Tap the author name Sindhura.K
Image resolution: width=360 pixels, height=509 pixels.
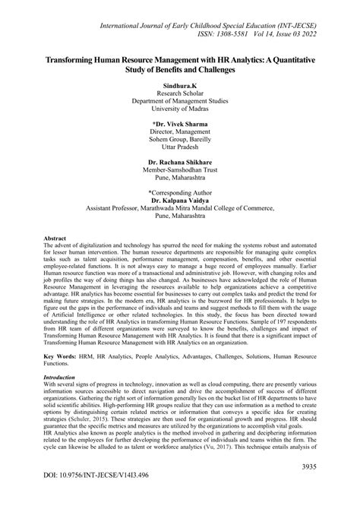(x=179, y=88)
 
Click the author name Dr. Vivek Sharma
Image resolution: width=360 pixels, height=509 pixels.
(x=179, y=122)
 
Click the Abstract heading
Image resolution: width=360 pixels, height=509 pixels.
(x=58, y=239)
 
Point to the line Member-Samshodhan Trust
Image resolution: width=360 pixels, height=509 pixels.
(x=179, y=171)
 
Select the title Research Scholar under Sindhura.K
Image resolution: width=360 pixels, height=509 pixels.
(x=179, y=97)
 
